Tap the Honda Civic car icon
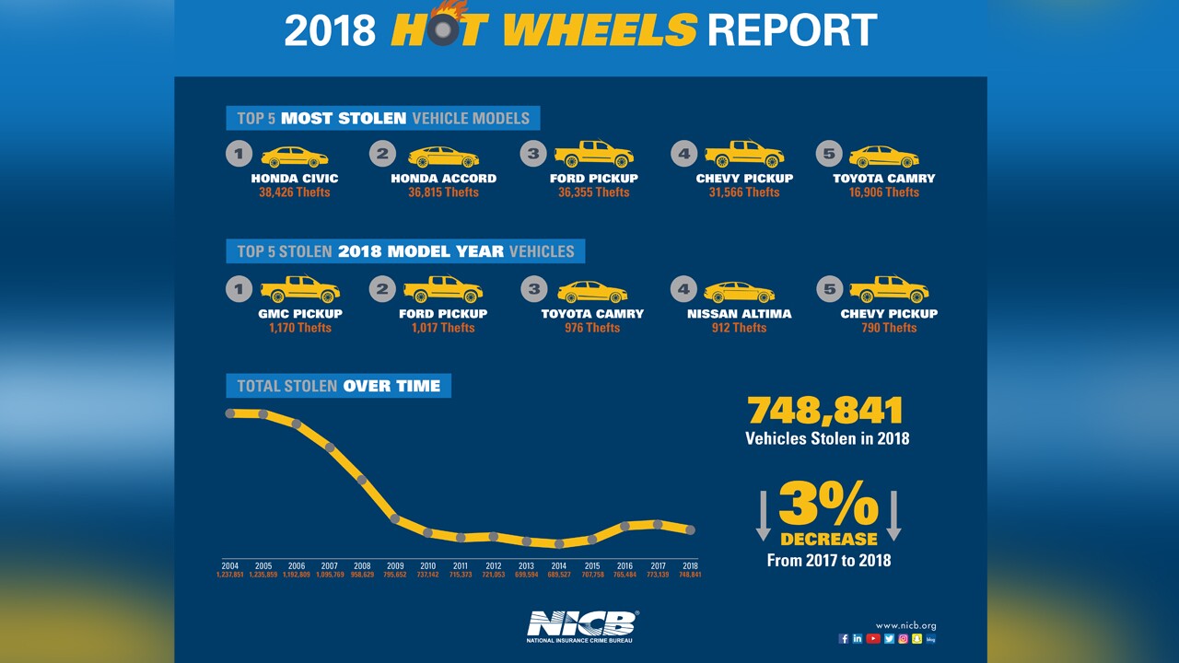[x=295, y=157]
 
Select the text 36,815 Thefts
[x=443, y=192]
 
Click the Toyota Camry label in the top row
[x=883, y=179]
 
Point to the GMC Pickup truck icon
[x=300, y=290]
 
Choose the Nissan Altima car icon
[x=739, y=292]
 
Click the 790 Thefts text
[x=888, y=328]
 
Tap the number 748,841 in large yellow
[x=825, y=411]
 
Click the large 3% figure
[x=828, y=505]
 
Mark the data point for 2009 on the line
[x=395, y=519]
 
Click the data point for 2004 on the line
[x=230, y=413]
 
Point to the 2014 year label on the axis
[x=559, y=565]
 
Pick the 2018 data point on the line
[x=691, y=530]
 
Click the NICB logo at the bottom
[x=580, y=625]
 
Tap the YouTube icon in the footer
[x=873, y=638]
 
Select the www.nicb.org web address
[x=905, y=625]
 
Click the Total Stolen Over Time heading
[x=338, y=386]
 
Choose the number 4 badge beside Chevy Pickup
[x=683, y=154]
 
